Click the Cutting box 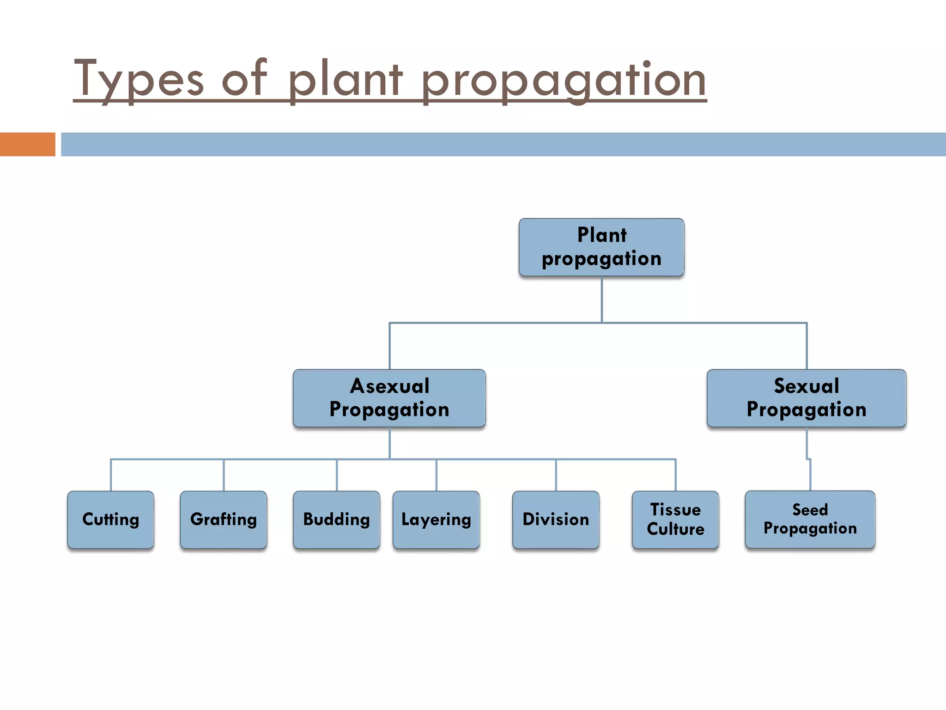[110, 520]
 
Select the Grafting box [224, 520]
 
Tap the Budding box [336, 520]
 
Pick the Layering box [436, 520]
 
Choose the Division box [556, 520]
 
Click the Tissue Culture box [675, 520]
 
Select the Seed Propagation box [810, 520]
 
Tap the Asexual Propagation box [389, 398]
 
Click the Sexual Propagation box [807, 398]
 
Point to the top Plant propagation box [601, 247]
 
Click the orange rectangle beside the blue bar [27, 144]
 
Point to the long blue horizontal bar [503, 144]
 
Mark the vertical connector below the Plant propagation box [601, 300]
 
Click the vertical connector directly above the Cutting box [111, 475]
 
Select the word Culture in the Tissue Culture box [675, 529]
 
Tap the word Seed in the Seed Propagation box [810, 509]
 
